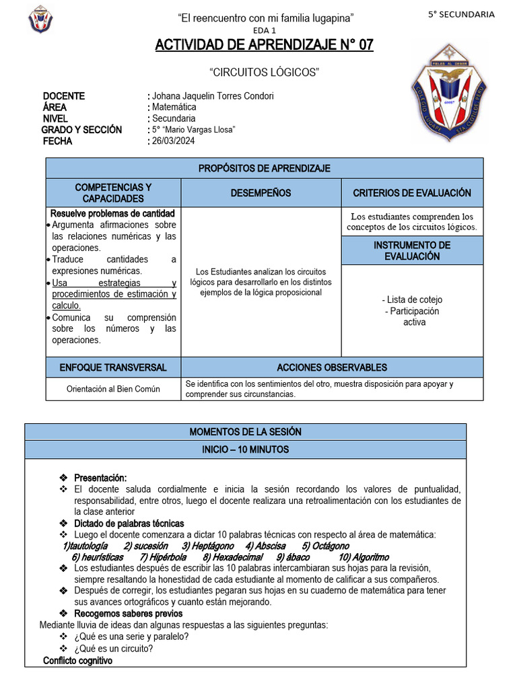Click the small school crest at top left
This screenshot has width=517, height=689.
40,20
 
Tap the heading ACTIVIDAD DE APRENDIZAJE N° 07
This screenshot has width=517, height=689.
264,45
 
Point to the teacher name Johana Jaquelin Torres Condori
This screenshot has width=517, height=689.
213,96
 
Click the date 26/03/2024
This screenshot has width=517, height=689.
174,141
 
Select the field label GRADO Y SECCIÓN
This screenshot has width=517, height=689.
81,130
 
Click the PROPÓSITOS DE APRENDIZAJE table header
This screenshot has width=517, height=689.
264,168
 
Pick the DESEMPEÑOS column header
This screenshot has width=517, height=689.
261,193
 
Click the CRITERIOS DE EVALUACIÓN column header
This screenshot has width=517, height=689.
412,193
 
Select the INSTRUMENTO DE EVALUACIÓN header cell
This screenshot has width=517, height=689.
412,250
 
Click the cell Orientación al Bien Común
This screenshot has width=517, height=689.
113,389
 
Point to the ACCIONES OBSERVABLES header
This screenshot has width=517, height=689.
332,367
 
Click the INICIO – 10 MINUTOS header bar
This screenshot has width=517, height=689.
245,449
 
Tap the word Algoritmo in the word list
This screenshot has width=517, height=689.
364,557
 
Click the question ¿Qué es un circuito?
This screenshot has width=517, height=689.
114,649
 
